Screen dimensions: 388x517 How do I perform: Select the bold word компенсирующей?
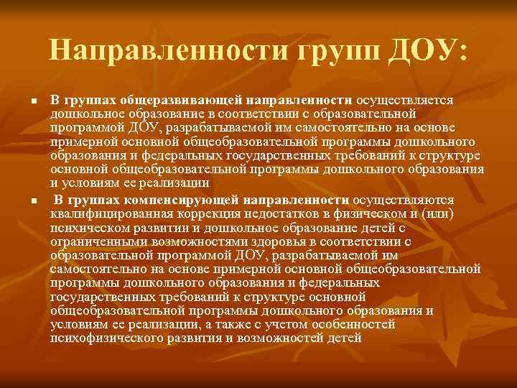[182, 200]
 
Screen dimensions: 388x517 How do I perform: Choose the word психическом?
[85, 228]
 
